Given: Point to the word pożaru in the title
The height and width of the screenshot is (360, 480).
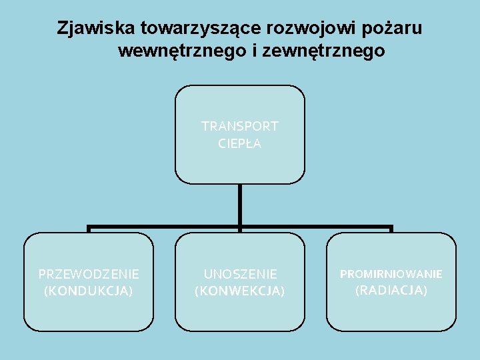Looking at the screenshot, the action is (393, 29).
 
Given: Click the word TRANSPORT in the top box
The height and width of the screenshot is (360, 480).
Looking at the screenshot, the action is (240, 126).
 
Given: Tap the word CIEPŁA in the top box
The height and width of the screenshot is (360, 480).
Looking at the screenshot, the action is (240, 143).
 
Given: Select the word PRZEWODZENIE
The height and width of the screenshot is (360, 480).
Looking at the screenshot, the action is (89, 274).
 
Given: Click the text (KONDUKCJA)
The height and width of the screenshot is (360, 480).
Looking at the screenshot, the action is (89, 291).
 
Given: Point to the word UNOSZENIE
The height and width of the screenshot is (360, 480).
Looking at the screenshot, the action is (240, 274).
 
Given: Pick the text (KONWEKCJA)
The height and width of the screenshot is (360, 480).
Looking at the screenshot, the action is (240, 291).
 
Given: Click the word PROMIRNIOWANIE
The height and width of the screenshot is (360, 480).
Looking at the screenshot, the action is (391, 274).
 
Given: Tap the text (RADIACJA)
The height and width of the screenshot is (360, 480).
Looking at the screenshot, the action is (391, 290).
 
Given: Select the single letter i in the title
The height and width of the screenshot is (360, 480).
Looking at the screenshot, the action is (256, 51).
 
